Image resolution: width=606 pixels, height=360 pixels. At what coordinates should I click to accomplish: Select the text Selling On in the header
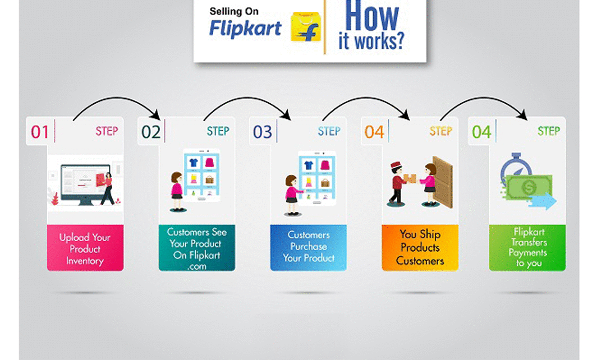[234, 11]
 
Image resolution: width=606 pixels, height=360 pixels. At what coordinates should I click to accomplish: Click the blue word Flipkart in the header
[245, 28]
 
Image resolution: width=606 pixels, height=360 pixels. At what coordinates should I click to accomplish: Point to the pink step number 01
[40, 132]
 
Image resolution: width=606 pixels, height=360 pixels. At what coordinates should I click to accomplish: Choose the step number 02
[151, 132]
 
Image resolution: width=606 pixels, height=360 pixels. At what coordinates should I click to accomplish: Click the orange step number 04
[374, 132]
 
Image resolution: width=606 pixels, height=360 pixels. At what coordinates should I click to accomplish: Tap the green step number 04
[481, 132]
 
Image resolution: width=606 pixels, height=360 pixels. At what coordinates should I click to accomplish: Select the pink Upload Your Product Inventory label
[85, 249]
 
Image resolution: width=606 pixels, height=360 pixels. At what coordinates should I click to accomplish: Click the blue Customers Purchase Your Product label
[309, 247]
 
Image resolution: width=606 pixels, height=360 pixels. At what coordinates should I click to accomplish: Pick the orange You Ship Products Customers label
[420, 247]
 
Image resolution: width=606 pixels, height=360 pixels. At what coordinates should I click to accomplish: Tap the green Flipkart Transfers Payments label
[527, 247]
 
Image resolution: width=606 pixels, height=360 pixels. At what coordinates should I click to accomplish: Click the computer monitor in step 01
[85, 182]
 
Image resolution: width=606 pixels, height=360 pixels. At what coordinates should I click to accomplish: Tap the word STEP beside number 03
[329, 131]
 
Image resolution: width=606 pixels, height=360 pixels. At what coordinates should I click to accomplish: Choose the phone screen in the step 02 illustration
[201, 173]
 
